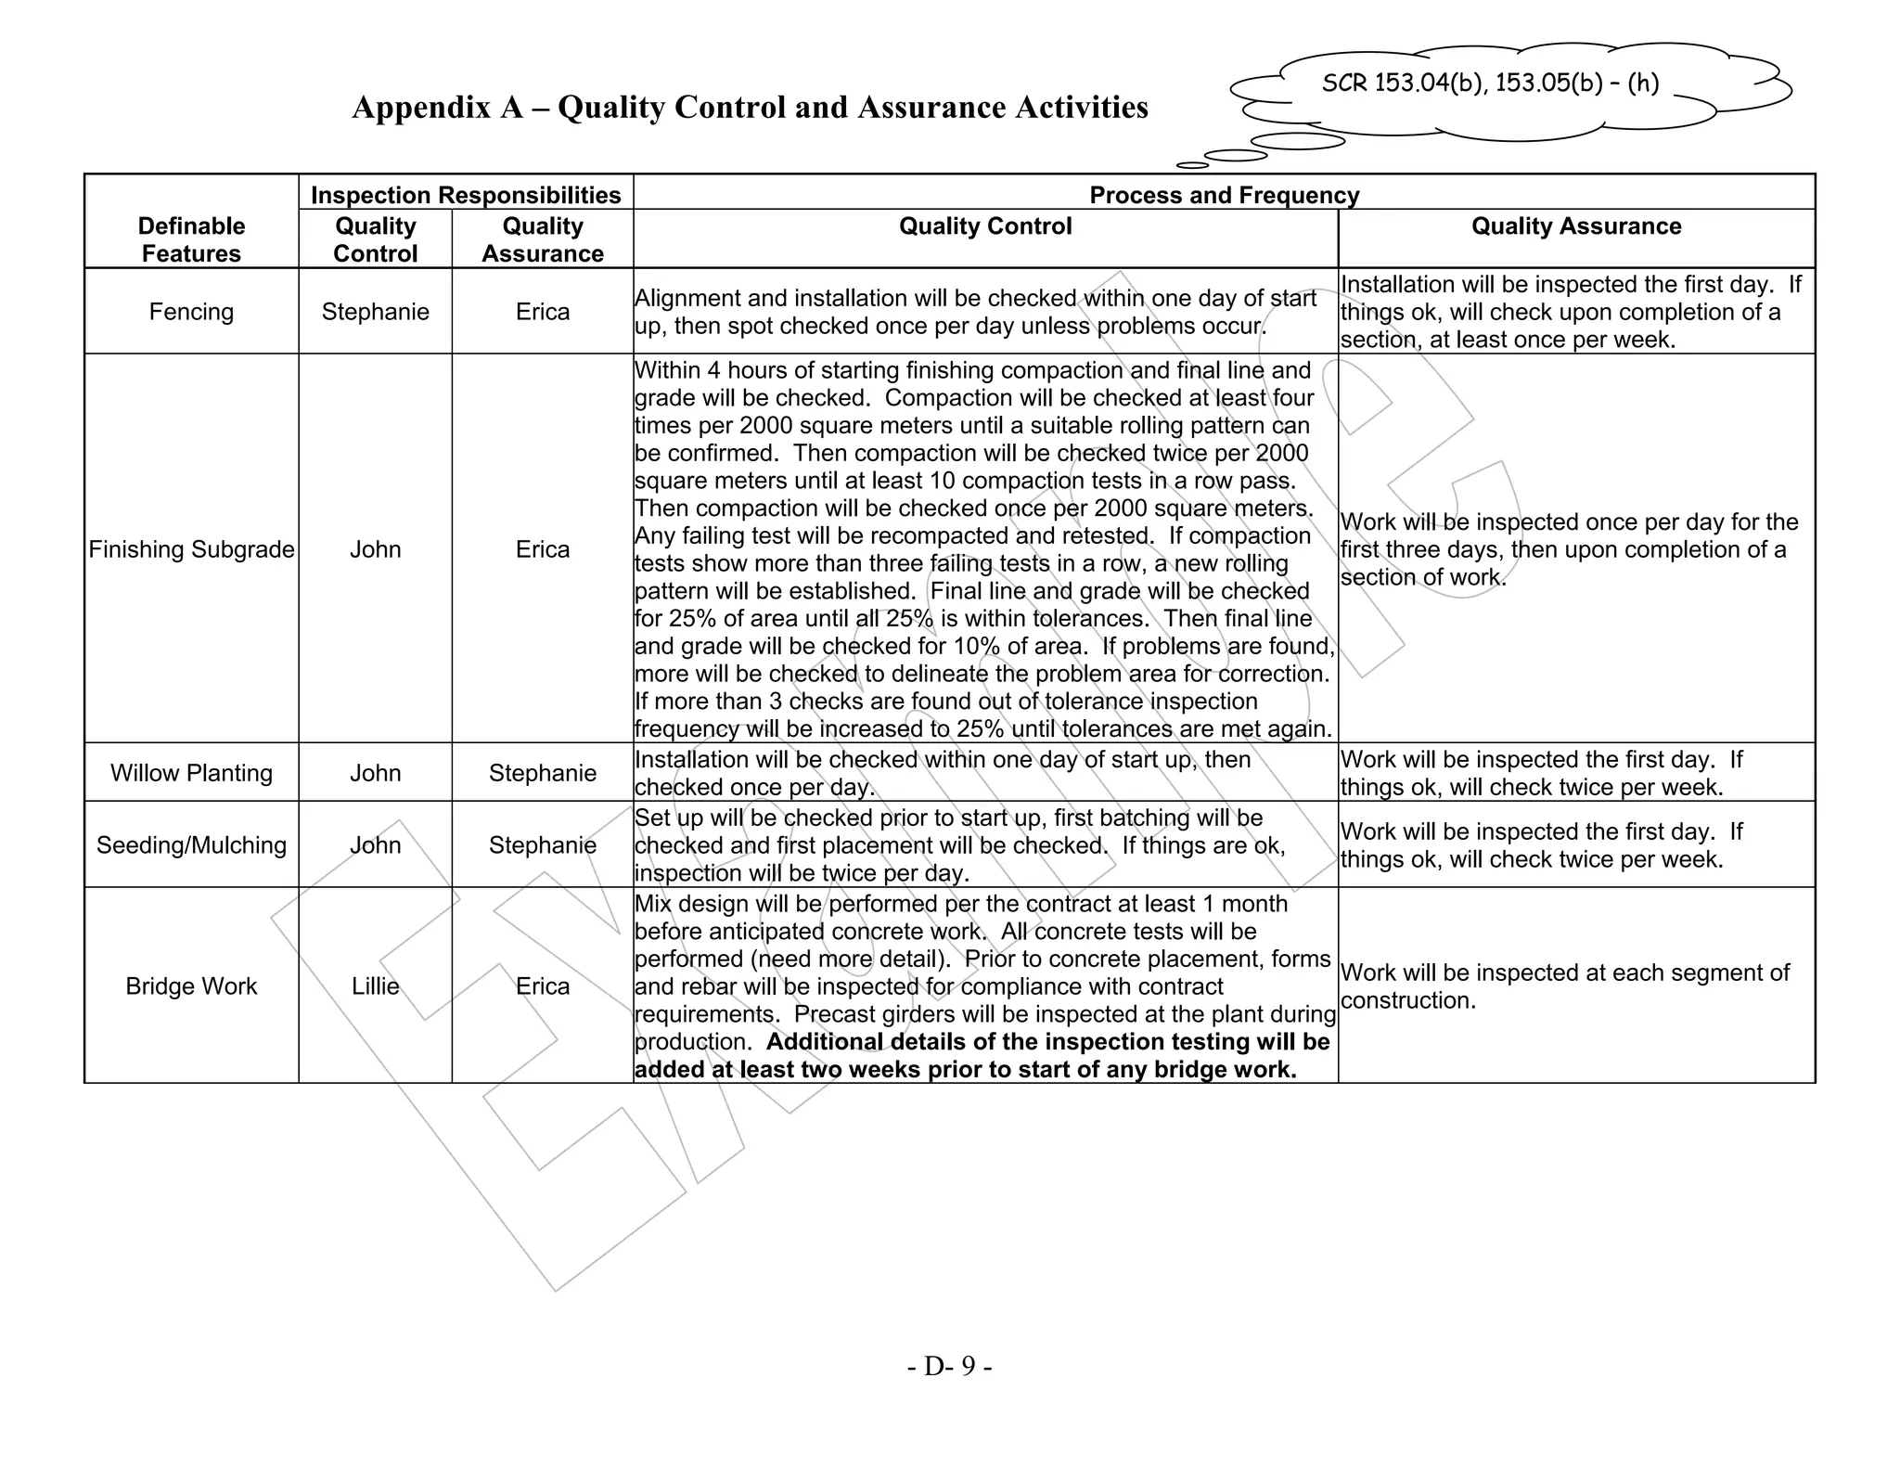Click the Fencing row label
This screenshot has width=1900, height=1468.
[191, 312]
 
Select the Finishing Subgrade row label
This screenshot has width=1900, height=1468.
[191, 549]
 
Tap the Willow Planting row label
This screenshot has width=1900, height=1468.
[191, 773]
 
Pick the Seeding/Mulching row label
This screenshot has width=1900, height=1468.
[191, 845]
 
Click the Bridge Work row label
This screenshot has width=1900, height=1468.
[191, 985]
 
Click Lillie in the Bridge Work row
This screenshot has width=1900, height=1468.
[375, 985]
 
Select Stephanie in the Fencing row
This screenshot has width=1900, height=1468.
[375, 312]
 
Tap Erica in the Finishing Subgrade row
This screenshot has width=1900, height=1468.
[543, 549]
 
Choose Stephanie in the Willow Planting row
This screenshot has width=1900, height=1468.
[543, 773]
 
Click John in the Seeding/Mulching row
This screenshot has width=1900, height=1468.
[375, 845]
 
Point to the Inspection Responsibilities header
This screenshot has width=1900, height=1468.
[466, 195]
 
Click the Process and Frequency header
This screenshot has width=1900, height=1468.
[1224, 195]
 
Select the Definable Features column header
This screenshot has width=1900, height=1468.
[191, 239]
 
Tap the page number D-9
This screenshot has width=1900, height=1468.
[949, 1366]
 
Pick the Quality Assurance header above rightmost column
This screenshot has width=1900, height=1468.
[1575, 226]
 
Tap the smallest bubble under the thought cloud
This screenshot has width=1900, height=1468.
[1192, 165]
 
